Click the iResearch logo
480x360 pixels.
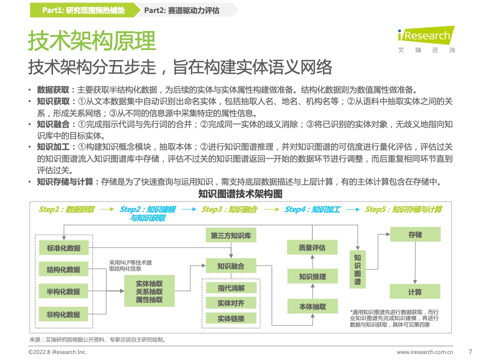click(x=426, y=39)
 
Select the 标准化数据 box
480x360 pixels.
click(x=63, y=247)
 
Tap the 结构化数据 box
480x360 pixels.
click(x=63, y=269)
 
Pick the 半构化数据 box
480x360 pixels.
click(x=63, y=291)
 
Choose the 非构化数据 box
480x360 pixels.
click(x=63, y=314)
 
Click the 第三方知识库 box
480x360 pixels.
click(x=231, y=235)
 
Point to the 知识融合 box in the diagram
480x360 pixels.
click(x=231, y=265)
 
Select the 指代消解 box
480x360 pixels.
click(x=231, y=288)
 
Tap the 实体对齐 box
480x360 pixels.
click(x=231, y=303)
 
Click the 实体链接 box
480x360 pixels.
click(x=231, y=318)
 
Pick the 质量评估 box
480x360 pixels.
click(x=312, y=247)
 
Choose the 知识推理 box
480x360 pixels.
click(x=312, y=276)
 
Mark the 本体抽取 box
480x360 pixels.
click(x=312, y=306)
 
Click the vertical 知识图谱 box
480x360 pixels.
click(x=357, y=269)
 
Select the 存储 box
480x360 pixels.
click(x=415, y=234)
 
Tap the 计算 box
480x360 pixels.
click(x=415, y=291)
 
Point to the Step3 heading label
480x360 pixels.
click(x=229, y=209)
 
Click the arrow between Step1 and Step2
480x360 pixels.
click(x=107, y=209)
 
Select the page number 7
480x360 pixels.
click(x=470, y=351)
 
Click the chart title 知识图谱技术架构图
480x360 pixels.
click(x=240, y=194)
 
